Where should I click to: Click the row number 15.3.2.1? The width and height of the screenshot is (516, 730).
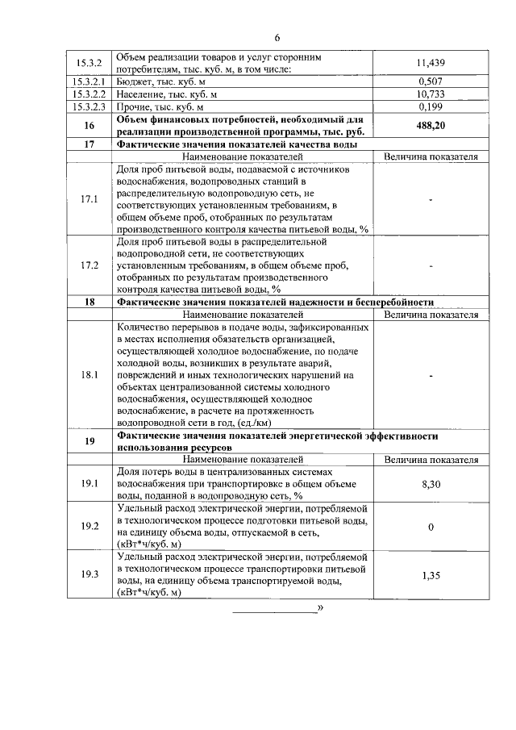[x=89, y=81]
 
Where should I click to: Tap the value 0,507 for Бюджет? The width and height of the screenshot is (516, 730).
[x=431, y=81]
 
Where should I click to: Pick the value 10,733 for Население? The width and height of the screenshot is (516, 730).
[x=431, y=94]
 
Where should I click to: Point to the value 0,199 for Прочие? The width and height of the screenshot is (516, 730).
[x=431, y=106]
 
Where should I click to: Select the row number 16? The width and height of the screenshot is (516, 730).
[x=89, y=125]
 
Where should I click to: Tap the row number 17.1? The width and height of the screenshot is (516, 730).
[x=89, y=199]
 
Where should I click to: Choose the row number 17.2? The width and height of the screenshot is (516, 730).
[x=89, y=265]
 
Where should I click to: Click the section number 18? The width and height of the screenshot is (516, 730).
[x=89, y=302]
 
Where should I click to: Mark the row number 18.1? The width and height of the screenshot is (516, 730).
[x=89, y=375]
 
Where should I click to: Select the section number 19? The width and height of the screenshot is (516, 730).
[x=89, y=441]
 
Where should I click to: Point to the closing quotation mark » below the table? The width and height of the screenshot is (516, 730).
[x=320, y=607]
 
